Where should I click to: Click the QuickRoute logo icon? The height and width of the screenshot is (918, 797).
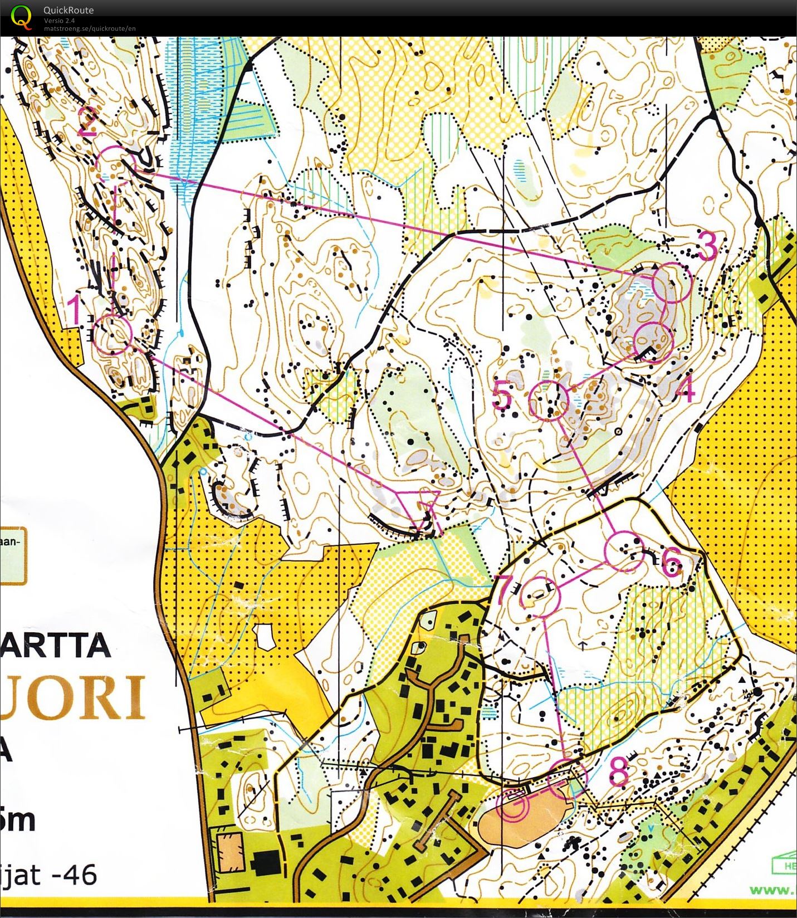point(21,16)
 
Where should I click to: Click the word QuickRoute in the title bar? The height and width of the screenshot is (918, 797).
point(69,10)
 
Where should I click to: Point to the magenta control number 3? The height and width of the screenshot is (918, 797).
point(707,246)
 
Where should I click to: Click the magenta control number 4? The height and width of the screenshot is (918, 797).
point(686,389)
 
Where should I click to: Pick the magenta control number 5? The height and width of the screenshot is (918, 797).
point(502,396)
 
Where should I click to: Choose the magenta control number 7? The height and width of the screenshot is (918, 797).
point(504,590)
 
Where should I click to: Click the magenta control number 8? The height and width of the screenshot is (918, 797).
point(619,771)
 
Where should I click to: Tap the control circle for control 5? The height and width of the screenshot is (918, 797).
point(549,401)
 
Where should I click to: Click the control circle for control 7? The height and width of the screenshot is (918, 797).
point(539,596)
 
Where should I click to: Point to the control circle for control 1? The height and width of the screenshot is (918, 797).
point(113,334)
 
